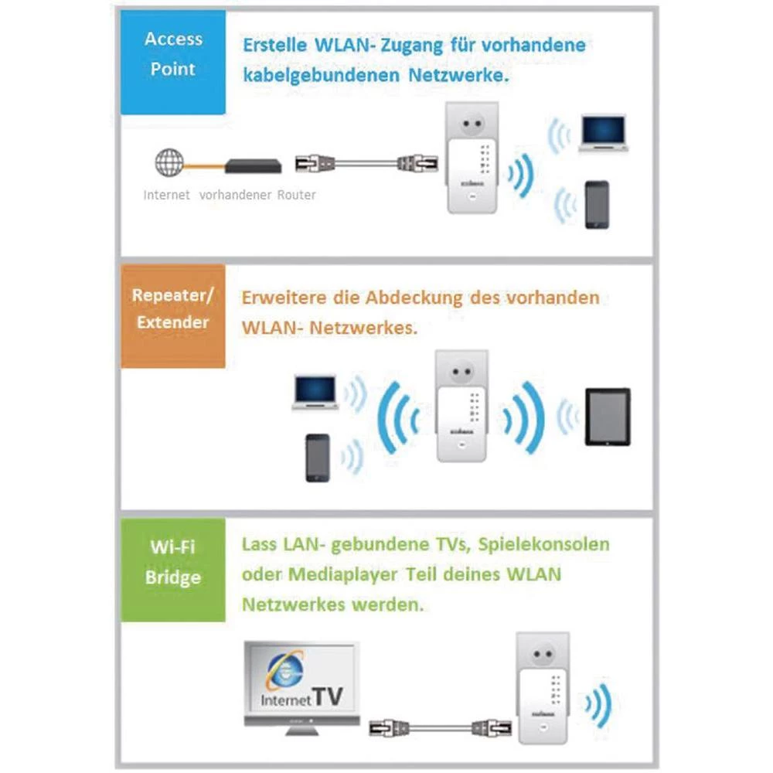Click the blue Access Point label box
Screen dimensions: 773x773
click(x=172, y=62)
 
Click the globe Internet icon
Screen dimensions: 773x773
click(x=169, y=162)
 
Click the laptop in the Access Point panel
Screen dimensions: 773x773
click(x=603, y=133)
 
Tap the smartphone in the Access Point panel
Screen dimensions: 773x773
click(x=596, y=205)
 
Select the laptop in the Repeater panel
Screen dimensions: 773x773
click(x=315, y=391)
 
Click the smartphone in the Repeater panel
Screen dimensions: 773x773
click(x=318, y=458)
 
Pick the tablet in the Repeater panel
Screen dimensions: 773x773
click(x=607, y=417)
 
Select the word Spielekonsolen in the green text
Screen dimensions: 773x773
click(x=543, y=544)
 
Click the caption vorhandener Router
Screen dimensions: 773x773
click(x=257, y=195)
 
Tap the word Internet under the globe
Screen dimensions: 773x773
click(x=166, y=195)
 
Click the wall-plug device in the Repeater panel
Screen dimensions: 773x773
click(x=461, y=406)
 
